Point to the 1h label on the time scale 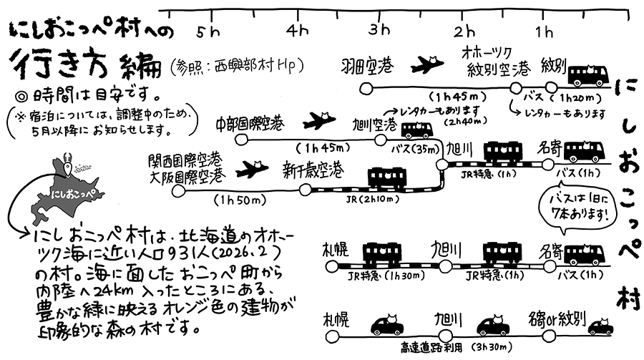(545, 31)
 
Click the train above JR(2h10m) (386, 180)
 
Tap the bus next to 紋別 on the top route (589, 74)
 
